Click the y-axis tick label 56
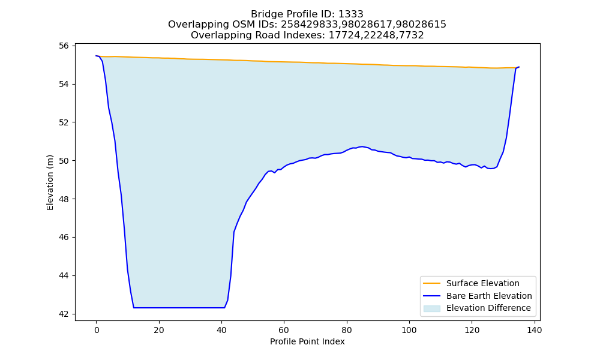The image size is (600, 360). tap(64, 46)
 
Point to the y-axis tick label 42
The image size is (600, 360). tap(64, 314)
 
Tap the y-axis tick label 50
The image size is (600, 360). tap(64, 161)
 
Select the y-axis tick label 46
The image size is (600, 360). tap(64, 237)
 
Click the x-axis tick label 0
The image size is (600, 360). tap(97, 330)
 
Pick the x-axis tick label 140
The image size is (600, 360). tap(535, 330)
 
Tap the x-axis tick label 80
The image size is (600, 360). tap(347, 330)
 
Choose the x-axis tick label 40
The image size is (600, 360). tap(221, 330)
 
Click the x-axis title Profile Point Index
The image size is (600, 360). tap(307, 341)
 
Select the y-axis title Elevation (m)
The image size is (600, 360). tap(50, 182)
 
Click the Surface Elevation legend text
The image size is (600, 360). tap(483, 283)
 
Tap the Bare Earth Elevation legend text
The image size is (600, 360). tap(489, 296)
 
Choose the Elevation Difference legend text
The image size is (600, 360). tap(488, 308)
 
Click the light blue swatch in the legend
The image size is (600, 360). tap(431, 308)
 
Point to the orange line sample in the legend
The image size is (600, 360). tap(431, 283)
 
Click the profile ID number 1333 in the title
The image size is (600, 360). tap(351, 14)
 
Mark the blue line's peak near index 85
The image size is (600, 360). tap(362, 146)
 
